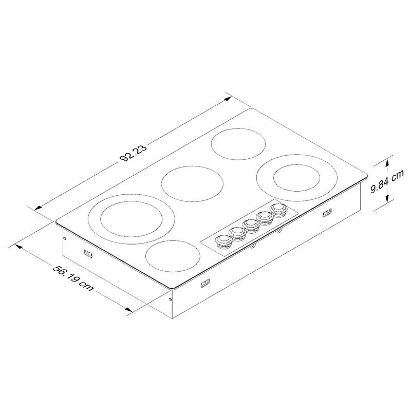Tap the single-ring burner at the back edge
coord(239,143)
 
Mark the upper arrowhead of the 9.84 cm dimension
coord(389,159)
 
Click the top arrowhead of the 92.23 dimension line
coord(229,97)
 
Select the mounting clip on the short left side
coord(87,253)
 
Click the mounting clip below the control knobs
coord(205,282)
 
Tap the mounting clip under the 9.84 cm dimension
coord(326,213)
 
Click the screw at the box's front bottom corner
coord(171,297)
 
